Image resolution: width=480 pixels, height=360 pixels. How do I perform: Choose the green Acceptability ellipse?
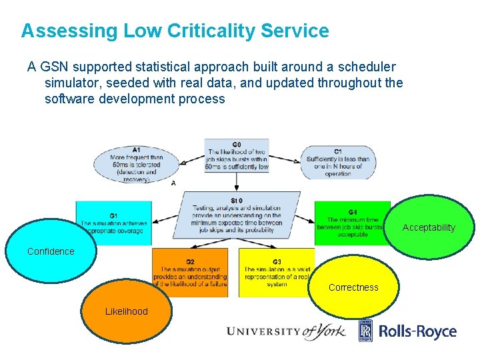(x=429, y=227)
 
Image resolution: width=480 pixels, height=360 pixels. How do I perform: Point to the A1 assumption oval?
(x=136, y=163)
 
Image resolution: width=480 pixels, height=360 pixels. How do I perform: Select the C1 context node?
(x=338, y=162)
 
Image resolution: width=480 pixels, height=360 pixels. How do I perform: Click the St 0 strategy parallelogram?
(x=237, y=215)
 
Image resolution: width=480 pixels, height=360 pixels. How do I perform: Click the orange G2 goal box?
(x=189, y=272)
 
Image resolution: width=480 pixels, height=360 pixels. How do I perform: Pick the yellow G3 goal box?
(x=273, y=271)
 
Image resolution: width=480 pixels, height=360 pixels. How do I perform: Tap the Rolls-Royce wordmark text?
(x=418, y=331)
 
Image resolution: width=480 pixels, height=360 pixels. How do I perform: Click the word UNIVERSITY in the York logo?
(x=263, y=331)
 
